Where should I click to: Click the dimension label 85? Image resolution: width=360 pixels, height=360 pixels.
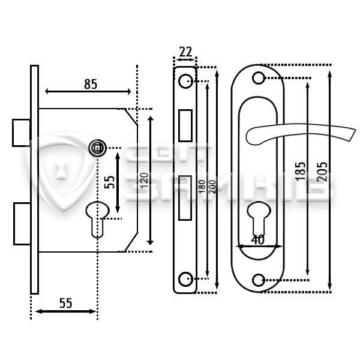91,84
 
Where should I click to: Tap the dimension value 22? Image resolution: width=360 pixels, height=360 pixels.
185,52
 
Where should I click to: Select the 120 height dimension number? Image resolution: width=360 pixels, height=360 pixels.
145,181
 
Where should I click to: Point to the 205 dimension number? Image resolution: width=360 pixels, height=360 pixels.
322,172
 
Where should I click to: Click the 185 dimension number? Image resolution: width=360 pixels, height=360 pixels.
301,171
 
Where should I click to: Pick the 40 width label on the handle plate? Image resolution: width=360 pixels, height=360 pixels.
257,239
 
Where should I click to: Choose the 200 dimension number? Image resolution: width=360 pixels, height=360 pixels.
212,187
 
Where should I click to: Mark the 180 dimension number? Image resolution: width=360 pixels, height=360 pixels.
202,187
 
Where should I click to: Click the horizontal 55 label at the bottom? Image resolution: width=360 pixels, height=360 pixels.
66,303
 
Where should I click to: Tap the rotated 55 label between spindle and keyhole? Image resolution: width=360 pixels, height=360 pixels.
109,182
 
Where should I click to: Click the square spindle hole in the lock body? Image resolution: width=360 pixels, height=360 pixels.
98,148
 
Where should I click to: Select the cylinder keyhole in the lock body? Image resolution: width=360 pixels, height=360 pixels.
98,220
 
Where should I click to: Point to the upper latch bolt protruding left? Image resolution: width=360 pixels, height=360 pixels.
22,133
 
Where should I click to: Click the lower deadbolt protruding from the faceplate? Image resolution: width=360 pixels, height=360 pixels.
22,224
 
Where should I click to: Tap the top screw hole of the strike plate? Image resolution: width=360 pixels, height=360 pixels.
185,81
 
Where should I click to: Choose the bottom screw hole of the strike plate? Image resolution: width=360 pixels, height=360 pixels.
185,279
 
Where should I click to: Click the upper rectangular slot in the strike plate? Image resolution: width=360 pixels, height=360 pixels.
185,125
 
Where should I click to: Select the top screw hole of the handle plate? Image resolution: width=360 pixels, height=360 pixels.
258,78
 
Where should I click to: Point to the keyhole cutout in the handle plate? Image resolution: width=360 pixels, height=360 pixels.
259,218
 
